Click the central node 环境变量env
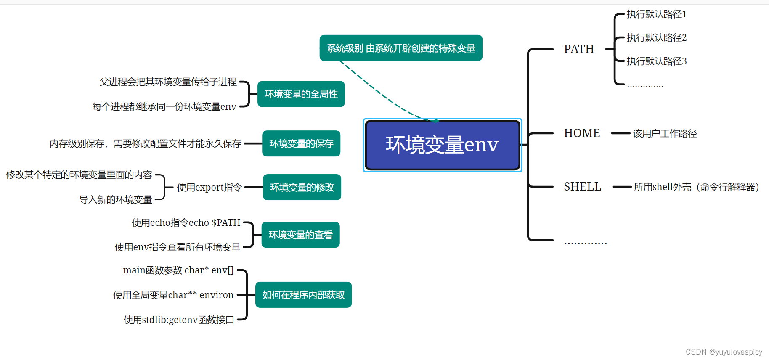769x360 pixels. [x=442, y=145]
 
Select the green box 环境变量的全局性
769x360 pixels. [x=301, y=94]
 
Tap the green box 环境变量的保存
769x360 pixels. [x=301, y=144]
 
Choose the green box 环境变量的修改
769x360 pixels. [x=302, y=187]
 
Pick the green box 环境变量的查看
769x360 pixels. [x=300, y=235]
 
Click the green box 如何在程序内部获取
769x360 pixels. [x=303, y=295]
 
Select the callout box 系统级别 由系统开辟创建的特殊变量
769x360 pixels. [x=401, y=48]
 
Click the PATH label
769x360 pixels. [x=579, y=49]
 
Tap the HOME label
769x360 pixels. [x=582, y=133]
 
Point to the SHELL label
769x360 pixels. [x=582, y=187]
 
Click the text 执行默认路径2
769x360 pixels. [x=656, y=38]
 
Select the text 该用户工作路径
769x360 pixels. [x=665, y=134]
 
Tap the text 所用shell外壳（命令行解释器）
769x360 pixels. [x=696, y=187]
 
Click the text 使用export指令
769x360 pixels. [x=209, y=188]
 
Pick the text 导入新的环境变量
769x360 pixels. [x=116, y=200]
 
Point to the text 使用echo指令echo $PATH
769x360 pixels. [x=186, y=223]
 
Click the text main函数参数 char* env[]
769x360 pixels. [x=178, y=270]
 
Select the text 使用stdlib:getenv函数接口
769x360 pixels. [x=179, y=320]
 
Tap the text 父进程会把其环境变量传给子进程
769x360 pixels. [x=168, y=82]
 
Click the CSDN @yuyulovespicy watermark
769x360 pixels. [x=724, y=352]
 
